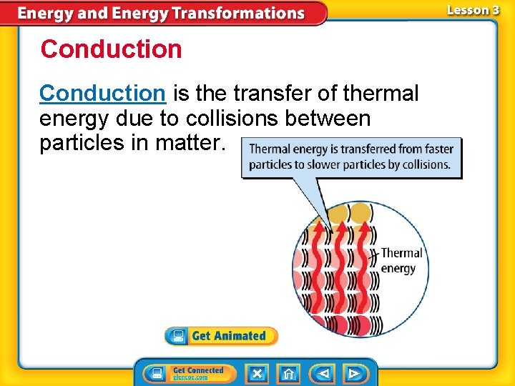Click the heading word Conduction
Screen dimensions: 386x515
[112, 49]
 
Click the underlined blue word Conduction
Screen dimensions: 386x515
[102, 93]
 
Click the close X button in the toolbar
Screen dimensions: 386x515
[257, 373]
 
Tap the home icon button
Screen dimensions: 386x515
[288, 373]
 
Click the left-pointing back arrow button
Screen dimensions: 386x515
[323, 373]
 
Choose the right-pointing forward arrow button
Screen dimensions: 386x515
[353, 373]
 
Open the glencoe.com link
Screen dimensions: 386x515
[190, 377]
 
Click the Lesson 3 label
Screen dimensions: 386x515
[473, 10]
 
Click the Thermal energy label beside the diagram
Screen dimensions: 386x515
[401, 260]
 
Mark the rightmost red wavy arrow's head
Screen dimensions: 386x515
[365, 227]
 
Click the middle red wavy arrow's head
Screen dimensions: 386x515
[343, 227]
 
